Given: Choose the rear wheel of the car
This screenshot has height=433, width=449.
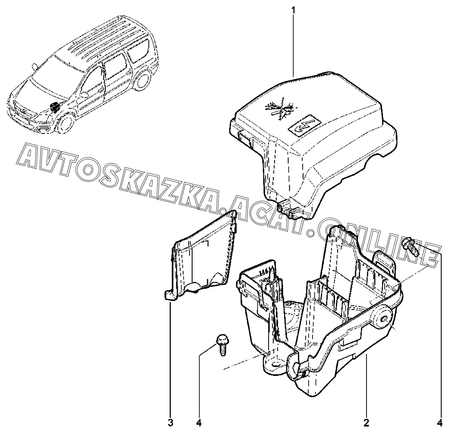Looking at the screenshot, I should coord(141,81).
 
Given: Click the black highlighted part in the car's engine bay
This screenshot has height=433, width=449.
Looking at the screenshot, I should coord(54,107).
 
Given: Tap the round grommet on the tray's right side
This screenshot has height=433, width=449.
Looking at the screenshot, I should coord(383,318).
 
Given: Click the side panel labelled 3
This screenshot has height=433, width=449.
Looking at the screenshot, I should coord(205,259).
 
